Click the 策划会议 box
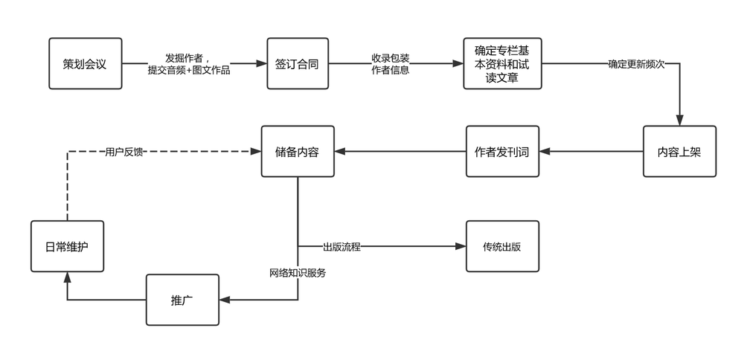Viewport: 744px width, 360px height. (86, 63)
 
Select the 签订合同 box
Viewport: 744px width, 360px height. (298, 63)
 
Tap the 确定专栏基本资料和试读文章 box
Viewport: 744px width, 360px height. (502, 63)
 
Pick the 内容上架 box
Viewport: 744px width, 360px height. (679, 151)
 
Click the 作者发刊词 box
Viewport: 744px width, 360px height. (502, 151)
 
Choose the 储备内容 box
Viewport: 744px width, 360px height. (298, 151)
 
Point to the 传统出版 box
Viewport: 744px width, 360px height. (502, 246)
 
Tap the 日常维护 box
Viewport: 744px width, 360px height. (68, 246)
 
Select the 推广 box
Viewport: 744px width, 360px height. (183, 300)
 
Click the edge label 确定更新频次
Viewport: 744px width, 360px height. (636, 64)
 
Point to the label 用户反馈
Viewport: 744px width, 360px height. (124, 152)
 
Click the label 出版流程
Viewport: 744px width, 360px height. (341, 247)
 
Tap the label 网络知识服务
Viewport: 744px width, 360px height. (298, 273)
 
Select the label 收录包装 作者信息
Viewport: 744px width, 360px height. (391, 64)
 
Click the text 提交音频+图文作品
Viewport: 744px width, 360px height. (189, 70)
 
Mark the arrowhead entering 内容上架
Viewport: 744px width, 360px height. (679, 120)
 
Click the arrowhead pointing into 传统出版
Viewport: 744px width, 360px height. (461, 246)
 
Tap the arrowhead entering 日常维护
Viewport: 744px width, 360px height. (68, 277)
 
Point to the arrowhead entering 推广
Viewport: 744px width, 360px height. (225, 300)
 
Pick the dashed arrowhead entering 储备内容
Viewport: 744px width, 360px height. (256, 151)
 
